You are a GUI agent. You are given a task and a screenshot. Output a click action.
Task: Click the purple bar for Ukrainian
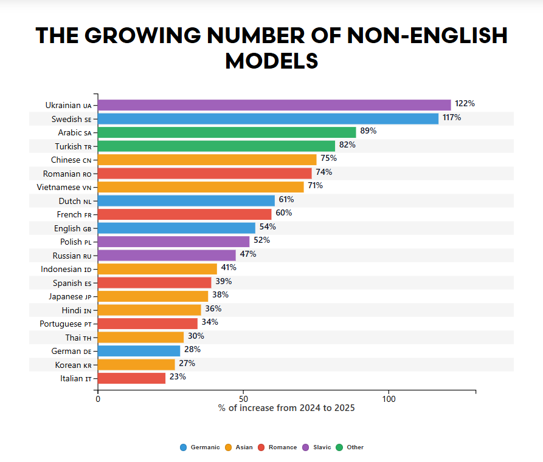point(274,104)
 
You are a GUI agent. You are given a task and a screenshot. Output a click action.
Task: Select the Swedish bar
point(268,118)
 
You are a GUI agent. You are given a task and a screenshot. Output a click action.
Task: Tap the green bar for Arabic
point(226,132)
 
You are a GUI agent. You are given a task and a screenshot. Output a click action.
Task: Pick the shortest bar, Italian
point(131,378)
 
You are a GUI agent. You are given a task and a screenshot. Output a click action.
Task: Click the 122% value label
point(465,104)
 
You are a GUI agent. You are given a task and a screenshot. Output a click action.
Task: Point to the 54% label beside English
point(268,227)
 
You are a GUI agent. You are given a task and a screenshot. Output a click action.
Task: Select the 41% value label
point(229,268)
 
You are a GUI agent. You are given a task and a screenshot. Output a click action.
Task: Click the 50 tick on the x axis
point(243,399)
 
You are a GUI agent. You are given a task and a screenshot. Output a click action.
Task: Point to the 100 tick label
point(389,399)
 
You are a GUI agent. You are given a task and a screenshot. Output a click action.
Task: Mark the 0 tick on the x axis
point(98,399)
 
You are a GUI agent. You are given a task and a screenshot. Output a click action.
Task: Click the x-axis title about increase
point(286,408)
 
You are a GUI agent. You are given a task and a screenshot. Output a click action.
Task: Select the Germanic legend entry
point(200,447)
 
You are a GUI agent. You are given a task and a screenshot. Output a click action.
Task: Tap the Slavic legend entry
point(317,447)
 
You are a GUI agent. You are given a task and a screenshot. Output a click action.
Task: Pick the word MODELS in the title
point(271,61)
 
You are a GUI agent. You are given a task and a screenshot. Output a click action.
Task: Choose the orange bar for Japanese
point(153,296)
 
